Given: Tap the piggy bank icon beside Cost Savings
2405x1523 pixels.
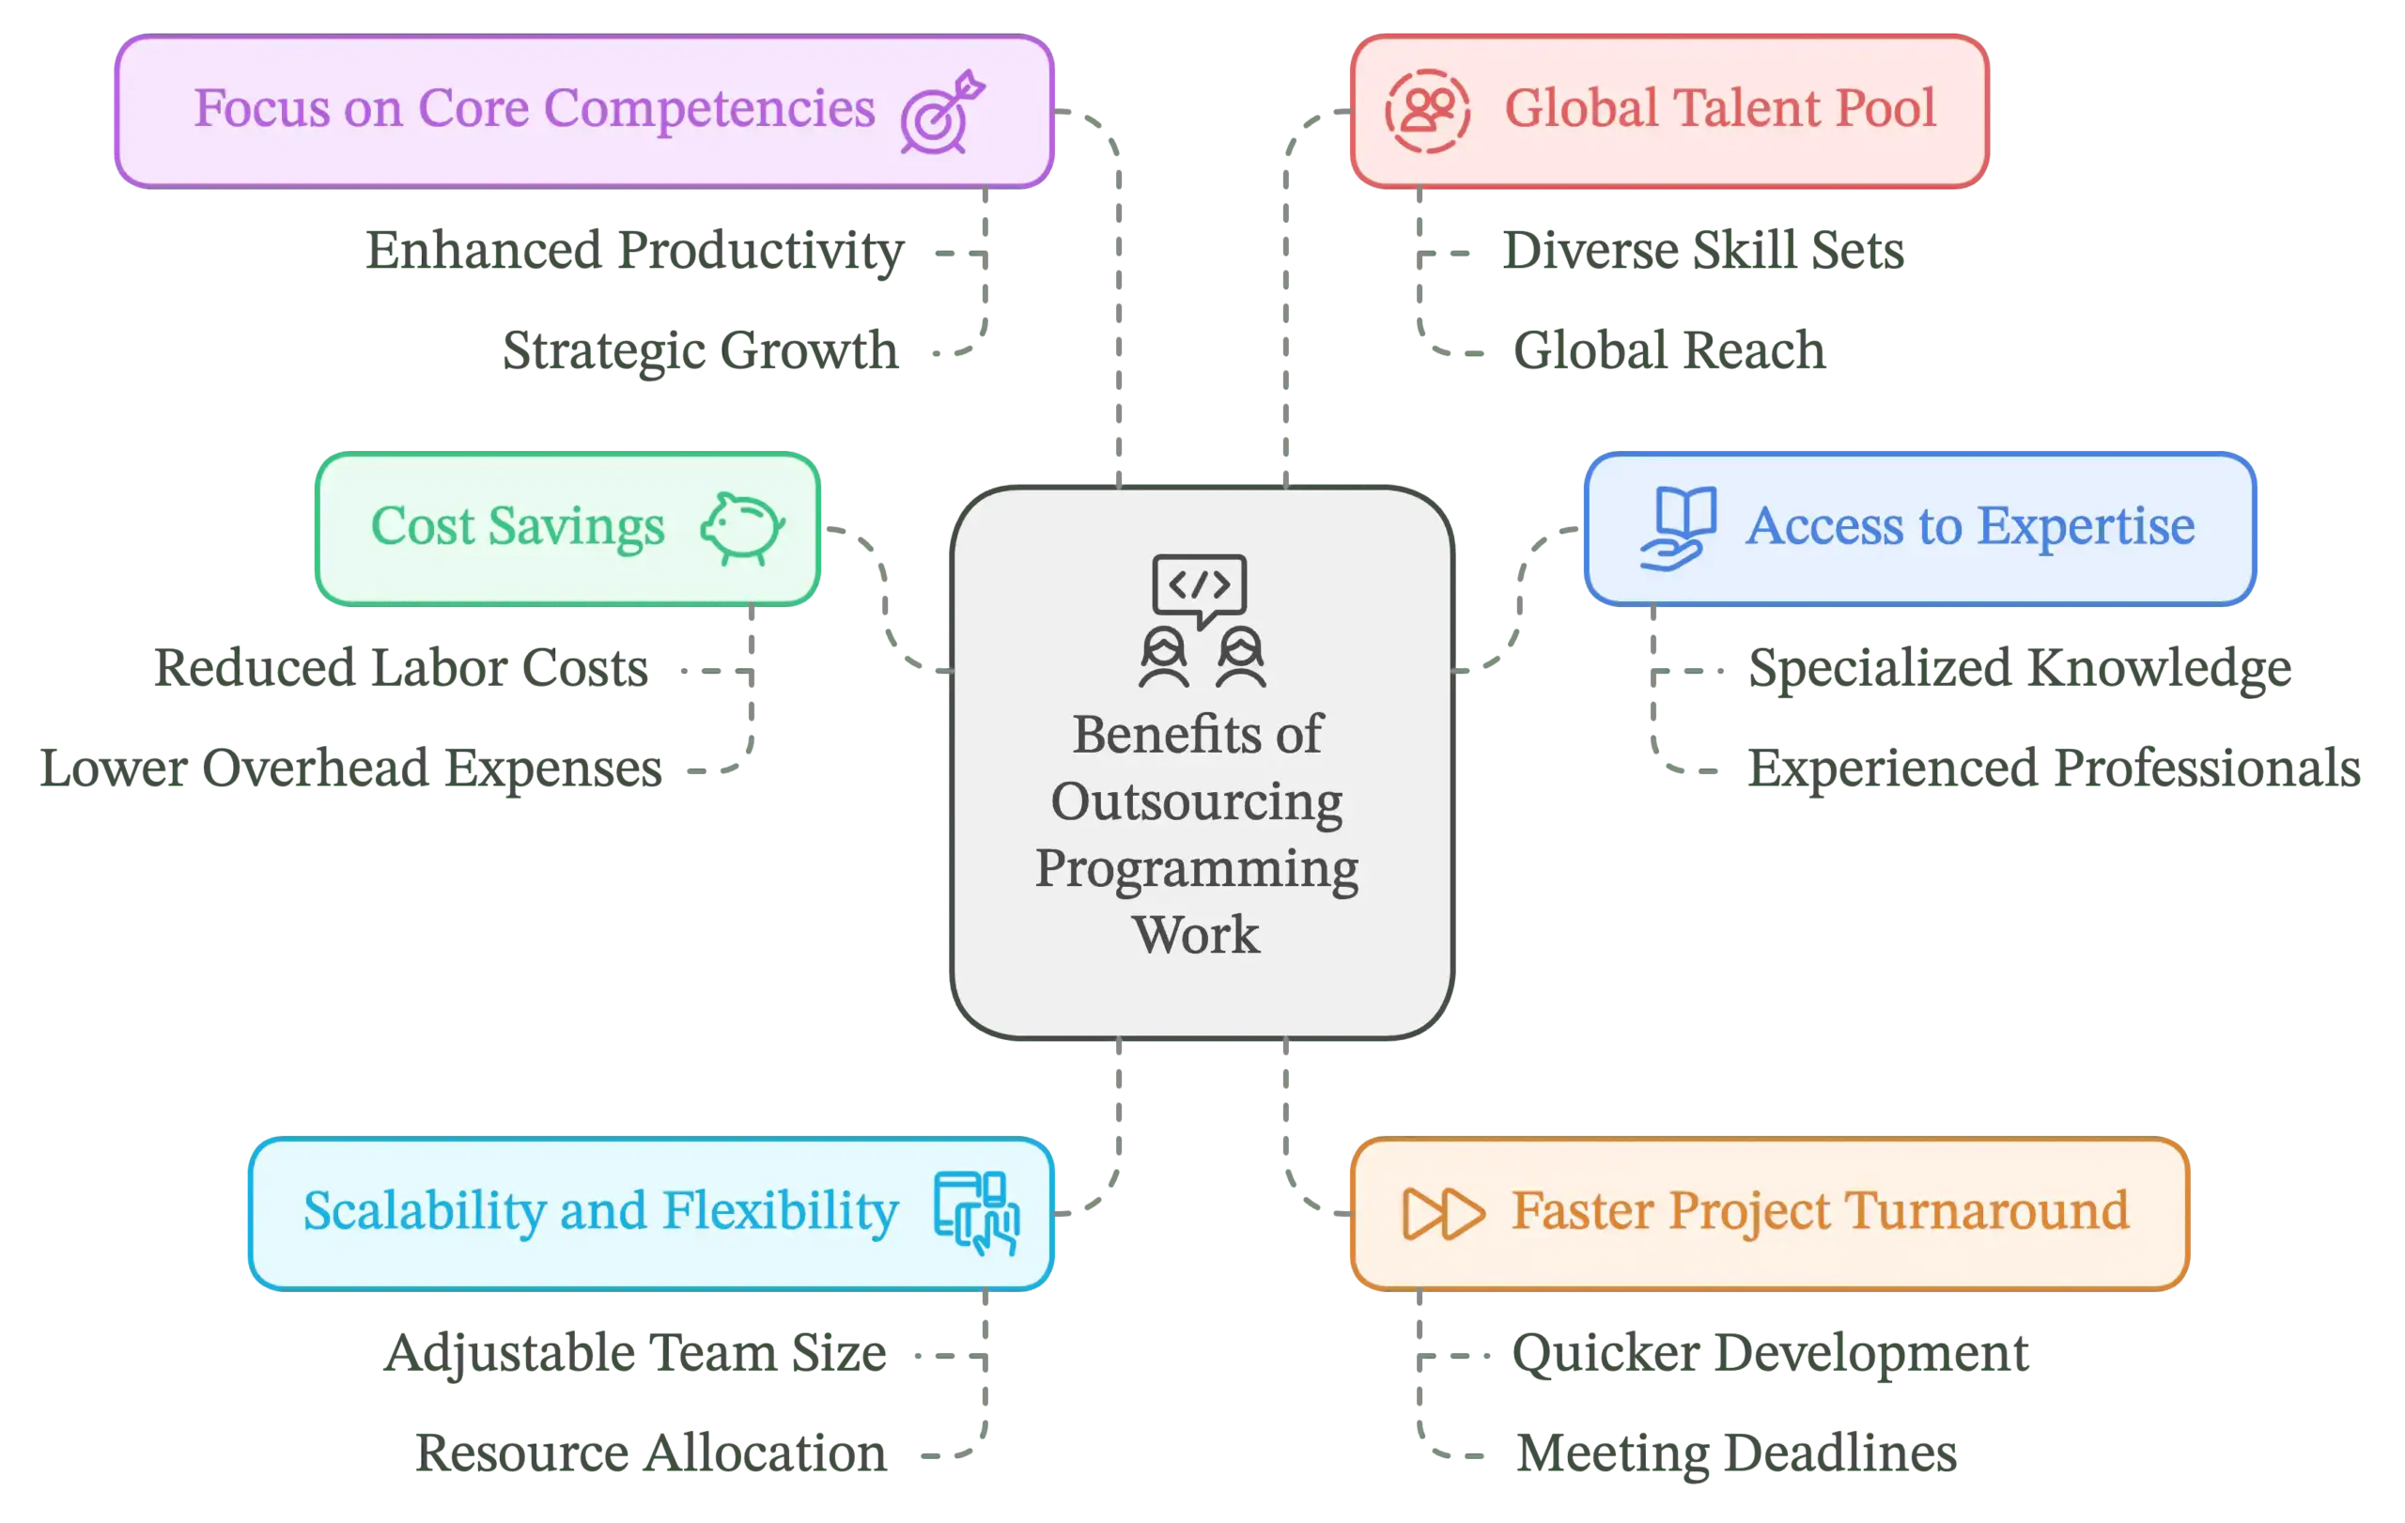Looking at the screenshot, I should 742,528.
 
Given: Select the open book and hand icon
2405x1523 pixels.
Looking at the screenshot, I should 1679,528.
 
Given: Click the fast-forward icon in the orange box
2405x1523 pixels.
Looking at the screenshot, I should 1442,1213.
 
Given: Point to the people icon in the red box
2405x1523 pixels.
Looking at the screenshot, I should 1427,111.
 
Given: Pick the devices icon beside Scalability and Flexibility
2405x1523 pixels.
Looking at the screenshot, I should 976,1212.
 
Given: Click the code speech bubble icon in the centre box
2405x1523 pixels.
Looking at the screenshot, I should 1199,586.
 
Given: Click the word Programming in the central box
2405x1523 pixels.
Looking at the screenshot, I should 1197,869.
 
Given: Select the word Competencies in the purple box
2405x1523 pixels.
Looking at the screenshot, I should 709,109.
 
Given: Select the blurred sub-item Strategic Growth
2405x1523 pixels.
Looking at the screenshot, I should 702,351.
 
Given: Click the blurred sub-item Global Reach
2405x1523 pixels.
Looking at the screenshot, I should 1668,350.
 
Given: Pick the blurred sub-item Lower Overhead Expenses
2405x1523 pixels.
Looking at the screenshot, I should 350,768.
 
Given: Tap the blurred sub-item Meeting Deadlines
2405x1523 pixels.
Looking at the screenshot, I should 1735,1453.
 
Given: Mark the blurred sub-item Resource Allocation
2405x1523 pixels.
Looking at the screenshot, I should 651,1453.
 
